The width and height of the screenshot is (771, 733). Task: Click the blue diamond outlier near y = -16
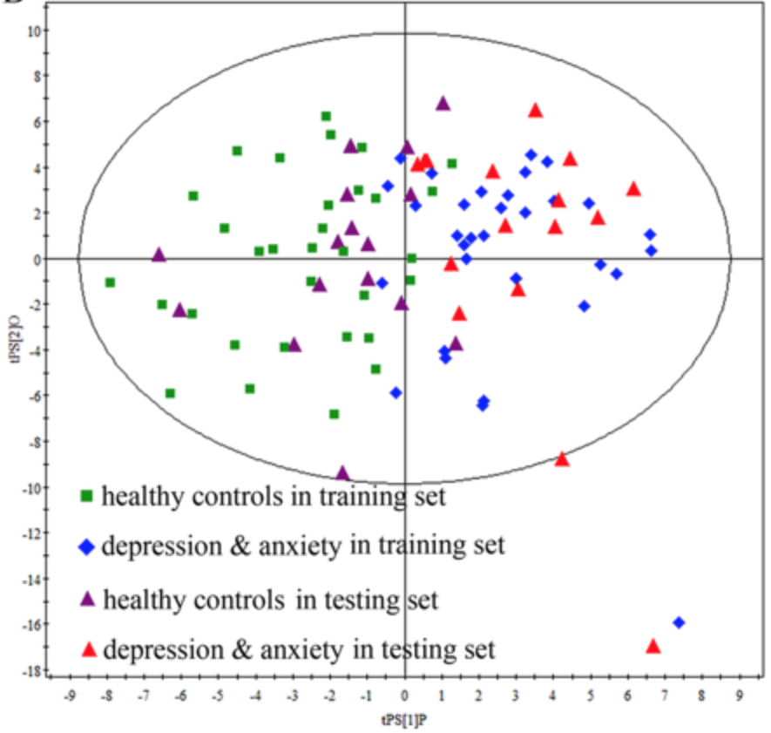pos(679,622)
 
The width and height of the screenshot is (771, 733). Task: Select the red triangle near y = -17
pos(653,646)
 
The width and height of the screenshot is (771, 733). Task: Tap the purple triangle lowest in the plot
pos(342,473)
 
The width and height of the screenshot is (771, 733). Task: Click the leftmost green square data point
pos(110,282)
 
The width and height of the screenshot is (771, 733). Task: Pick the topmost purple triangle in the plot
pos(443,103)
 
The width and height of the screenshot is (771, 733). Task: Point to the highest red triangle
pos(535,110)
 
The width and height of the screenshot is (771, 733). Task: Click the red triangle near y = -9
pos(562,458)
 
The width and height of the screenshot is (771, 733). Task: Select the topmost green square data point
pos(326,116)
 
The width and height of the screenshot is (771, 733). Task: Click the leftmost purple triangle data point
pos(159,255)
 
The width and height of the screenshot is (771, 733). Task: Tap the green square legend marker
pos(86,497)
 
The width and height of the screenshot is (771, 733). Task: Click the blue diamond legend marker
pos(86,547)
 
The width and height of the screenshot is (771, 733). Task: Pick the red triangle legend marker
pos(86,649)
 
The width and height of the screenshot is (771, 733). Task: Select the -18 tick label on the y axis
pos(32,670)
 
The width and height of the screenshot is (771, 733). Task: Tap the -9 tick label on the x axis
pos(69,696)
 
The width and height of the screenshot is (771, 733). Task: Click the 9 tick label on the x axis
pos(739,696)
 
